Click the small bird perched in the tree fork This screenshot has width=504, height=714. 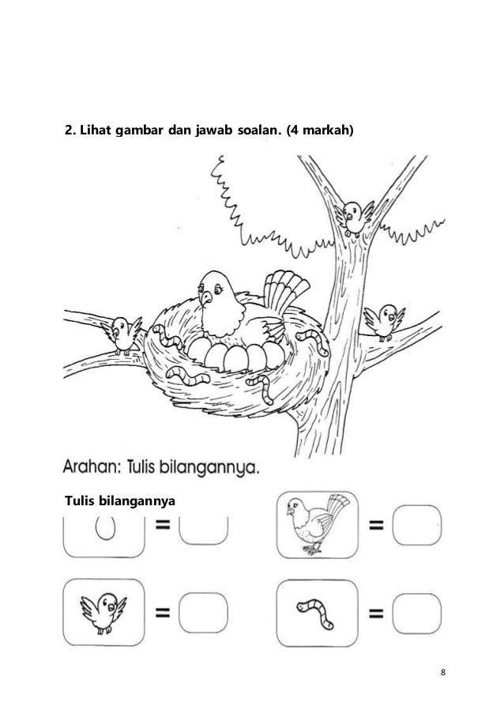pos(353,214)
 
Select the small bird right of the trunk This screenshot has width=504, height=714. pos(385,319)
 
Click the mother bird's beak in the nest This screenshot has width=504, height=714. pos(205,298)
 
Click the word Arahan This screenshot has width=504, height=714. pos(94,467)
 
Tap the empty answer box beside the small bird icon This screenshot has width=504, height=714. pos(203,611)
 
